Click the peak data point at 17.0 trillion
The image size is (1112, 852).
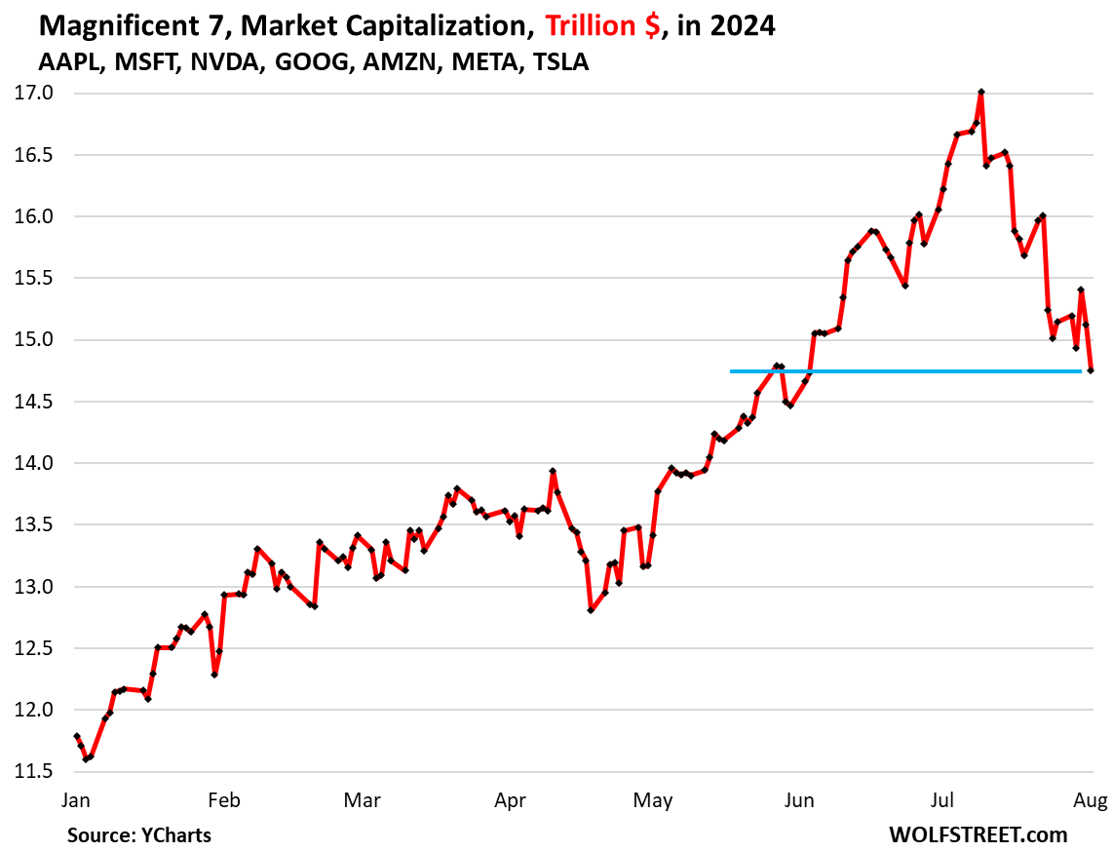(980, 92)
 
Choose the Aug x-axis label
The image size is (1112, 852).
(1091, 800)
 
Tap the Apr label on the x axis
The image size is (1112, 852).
(511, 800)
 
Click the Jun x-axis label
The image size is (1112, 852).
(799, 800)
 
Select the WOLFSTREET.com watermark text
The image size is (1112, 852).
(978, 834)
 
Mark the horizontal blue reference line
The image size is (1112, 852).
(906, 371)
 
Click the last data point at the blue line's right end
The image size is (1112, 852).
(1091, 370)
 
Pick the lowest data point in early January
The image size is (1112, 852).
(86, 758)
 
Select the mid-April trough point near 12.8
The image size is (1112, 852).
(591, 610)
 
